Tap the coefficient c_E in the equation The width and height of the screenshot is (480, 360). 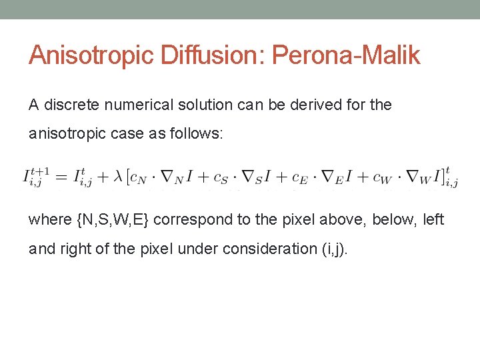click(x=300, y=178)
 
